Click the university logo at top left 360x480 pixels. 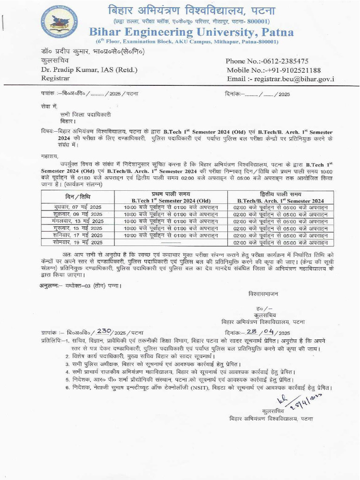[x=59, y=20]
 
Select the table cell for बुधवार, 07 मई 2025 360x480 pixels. [x=77, y=207]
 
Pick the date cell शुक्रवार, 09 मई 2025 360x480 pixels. [x=77, y=214]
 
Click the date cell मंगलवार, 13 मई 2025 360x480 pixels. [x=77, y=221]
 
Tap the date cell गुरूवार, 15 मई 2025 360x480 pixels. [x=77, y=228]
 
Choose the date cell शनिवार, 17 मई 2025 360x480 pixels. [x=77, y=235]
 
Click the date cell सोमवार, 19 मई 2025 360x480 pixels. [x=77, y=242]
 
